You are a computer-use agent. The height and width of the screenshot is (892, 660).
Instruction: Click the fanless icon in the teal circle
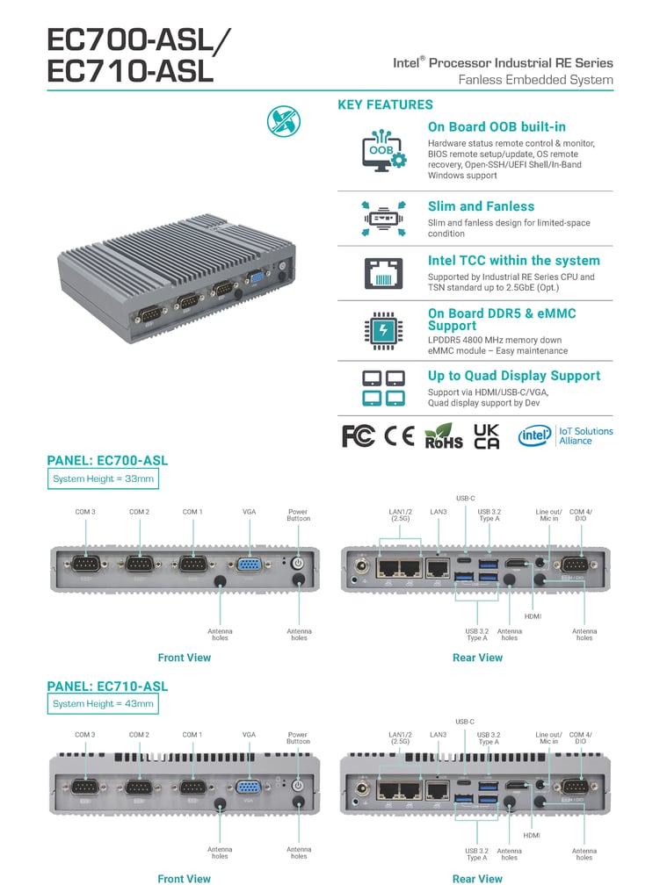284,120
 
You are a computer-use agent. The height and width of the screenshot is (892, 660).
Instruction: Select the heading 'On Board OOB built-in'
497,126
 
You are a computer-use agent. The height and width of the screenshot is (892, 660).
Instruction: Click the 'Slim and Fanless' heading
481,206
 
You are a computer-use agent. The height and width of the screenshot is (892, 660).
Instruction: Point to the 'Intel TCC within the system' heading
513,260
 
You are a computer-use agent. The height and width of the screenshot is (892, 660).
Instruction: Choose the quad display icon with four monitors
384,388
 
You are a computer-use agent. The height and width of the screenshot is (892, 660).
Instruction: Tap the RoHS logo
443,435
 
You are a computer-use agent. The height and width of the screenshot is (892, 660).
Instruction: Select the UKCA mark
486,436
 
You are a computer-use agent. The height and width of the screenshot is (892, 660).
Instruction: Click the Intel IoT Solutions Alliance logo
565,435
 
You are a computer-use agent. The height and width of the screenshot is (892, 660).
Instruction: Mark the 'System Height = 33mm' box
103,478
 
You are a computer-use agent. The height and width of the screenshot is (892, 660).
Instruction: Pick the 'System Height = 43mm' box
103,703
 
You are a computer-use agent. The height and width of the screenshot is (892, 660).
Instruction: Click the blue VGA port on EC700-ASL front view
249,565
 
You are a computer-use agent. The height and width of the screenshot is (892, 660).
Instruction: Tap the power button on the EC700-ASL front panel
297,563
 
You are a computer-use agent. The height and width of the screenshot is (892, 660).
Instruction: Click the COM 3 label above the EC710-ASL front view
85,734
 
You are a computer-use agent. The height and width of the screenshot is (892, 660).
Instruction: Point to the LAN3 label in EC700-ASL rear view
439,511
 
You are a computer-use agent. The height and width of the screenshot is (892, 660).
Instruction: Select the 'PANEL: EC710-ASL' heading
107,686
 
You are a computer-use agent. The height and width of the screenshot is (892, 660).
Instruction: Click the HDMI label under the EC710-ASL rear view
532,835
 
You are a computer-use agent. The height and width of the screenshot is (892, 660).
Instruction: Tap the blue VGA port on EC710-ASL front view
249,788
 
